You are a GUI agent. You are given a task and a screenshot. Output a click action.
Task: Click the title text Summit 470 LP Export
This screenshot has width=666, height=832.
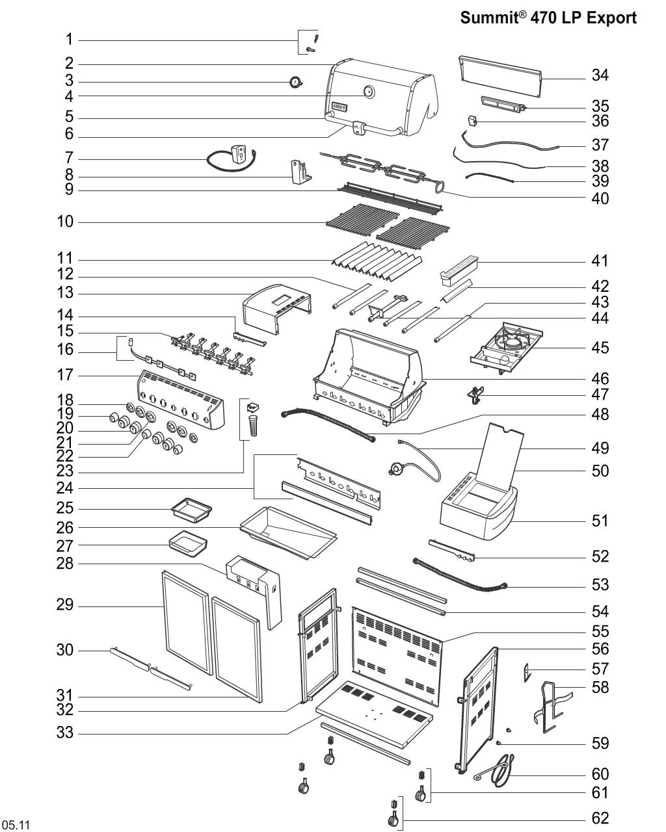(x=548, y=18)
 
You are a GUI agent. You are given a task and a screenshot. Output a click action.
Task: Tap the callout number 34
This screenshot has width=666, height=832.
(x=600, y=75)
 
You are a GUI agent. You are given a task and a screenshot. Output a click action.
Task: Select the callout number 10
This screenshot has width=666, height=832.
(x=65, y=222)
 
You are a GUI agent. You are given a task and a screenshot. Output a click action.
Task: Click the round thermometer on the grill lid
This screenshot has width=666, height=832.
(x=369, y=92)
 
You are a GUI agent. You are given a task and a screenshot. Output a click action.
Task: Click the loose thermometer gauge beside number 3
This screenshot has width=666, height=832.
(x=296, y=83)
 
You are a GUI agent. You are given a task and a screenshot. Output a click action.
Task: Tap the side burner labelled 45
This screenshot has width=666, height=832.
(x=507, y=344)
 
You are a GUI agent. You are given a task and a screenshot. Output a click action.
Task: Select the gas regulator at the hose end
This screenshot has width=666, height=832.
(x=396, y=468)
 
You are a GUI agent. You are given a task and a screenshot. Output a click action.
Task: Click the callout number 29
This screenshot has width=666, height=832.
(x=65, y=606)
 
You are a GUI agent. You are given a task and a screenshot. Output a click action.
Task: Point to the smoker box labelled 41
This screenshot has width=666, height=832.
(x=459, y=268)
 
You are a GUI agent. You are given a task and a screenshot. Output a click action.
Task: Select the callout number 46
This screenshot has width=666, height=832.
(x=600, y=378)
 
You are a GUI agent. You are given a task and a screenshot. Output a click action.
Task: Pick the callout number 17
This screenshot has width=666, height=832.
(x=65, y=375)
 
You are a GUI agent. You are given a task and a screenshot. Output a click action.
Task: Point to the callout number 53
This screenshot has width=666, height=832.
(x=600, y=585)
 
